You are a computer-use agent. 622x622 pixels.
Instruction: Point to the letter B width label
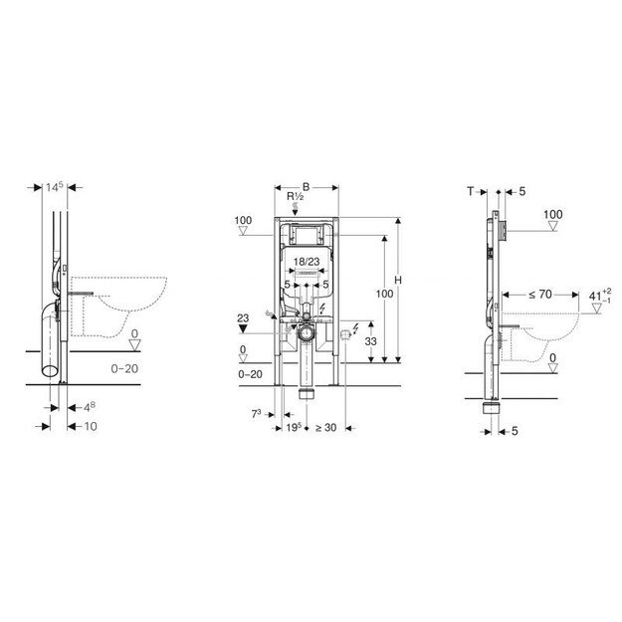click(x=307, y=186)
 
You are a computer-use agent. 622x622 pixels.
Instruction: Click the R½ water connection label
click(x=296, y=198)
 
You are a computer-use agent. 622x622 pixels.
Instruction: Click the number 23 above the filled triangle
click(x=241, y=318)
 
